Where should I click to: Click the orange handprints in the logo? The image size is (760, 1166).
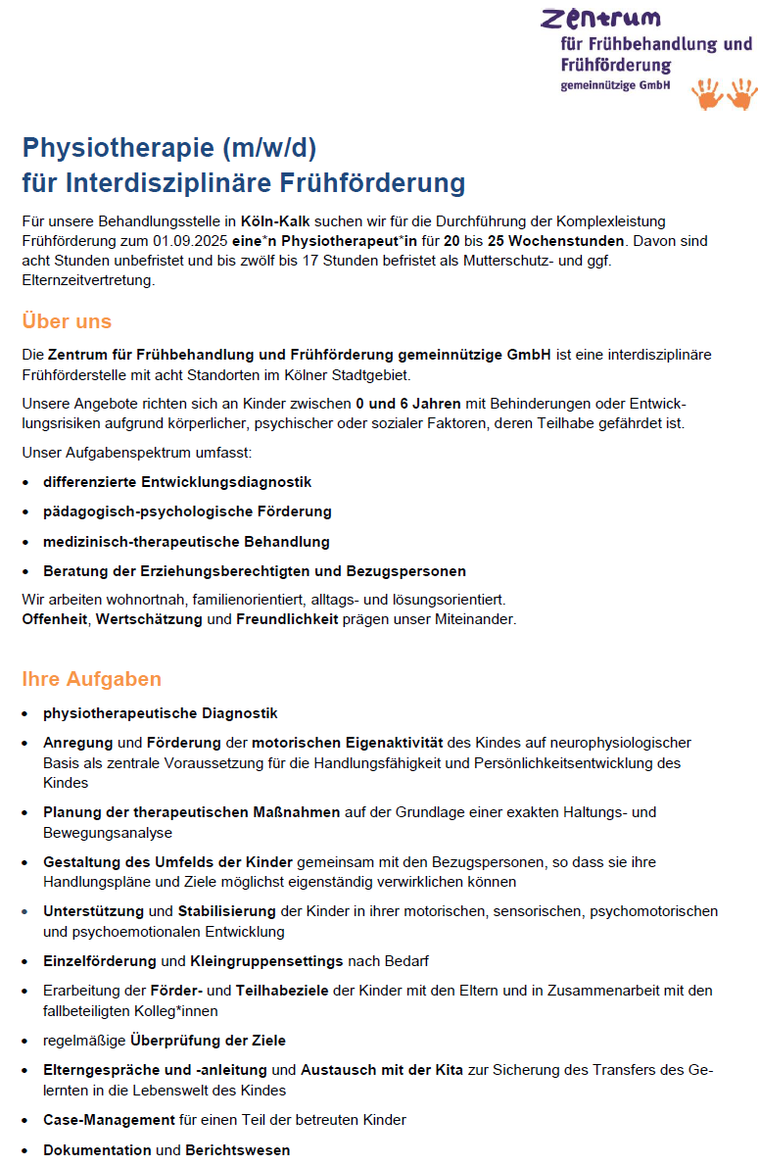(x=725, y=94)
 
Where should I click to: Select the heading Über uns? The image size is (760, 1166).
(x=67, y=321)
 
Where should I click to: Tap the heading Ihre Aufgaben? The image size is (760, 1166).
(x=91, y=679)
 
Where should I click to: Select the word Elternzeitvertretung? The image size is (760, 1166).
(x=88, y=279)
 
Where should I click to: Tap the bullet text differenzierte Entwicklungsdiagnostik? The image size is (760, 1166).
(x=177, y=482)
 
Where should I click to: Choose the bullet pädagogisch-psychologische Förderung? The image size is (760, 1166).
(x=187, y=511)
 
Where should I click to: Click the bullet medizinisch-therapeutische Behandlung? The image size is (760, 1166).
(x=186, y=541)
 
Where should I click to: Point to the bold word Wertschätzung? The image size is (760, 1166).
(x=149, y=619)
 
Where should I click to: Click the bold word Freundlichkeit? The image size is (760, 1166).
(x=287, y=619)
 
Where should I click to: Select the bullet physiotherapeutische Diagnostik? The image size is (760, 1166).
(x=161, y=713)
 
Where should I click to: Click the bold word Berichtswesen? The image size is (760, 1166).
(x=238, y=1149)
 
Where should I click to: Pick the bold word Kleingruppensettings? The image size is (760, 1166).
(x=266, y=960)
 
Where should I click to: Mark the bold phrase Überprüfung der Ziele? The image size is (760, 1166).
(x=208, y=1040)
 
